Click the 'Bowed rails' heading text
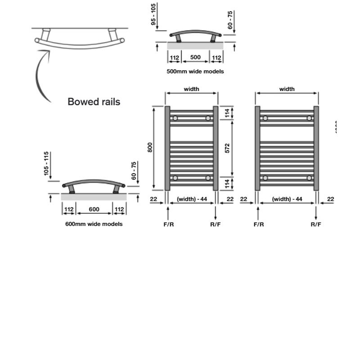tap(94, 102)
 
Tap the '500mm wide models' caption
tap(195, 71)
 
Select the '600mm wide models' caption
tap(94, 224)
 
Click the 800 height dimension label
tap(150, 147)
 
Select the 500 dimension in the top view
tap(195, 57)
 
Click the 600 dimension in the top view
tap(94, 210)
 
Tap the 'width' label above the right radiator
tap(287, 89)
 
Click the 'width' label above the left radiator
tap(191, 89)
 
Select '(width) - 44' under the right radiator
tap(287, 199)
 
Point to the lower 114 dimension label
tap(227, 183)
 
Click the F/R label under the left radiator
tap(169, 224)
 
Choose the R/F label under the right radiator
tap(316, 224)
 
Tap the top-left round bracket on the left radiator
tap(175, 118)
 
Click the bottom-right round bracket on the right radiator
tap(309, 178)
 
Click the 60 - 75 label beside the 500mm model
tap(231, 20)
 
